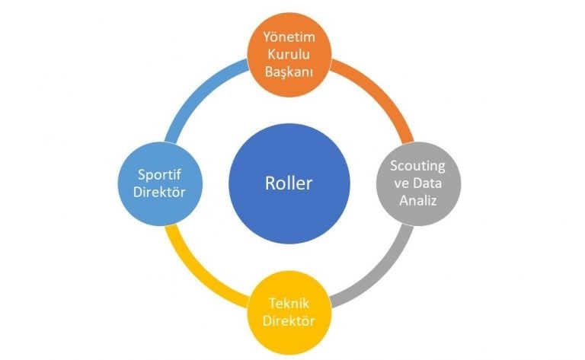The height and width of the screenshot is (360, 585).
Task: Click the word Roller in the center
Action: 289,184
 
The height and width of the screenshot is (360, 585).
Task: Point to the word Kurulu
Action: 289,55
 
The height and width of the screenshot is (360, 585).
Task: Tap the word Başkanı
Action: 289,72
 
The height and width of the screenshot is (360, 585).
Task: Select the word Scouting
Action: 417,164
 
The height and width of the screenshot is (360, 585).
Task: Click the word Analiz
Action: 417,199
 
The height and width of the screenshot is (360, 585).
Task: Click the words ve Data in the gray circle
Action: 417,182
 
